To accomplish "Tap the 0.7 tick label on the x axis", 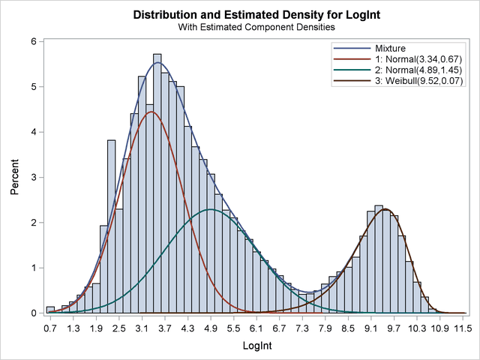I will (50, 328).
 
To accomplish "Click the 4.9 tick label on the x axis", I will (211, 328).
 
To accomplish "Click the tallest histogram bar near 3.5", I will (157, 180).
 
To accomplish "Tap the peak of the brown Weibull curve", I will (385, 209).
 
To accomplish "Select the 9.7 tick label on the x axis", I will (395, 328).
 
